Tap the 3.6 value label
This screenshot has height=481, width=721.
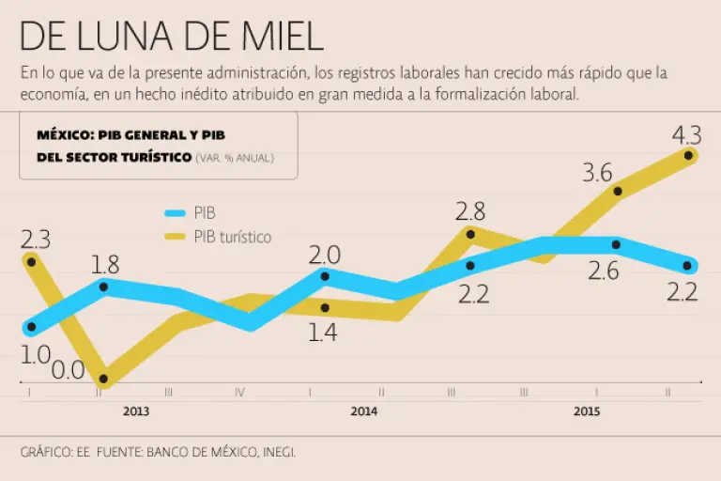coord(598,173)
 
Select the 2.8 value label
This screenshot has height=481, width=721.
coord(470,209)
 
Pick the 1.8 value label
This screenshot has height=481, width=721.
coord(105,264)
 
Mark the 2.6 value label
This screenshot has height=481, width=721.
coord(604,272)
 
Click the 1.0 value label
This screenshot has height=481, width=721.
coord(35,355)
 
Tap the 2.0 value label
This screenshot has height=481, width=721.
coord(325,254)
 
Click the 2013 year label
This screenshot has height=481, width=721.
coord(135,411)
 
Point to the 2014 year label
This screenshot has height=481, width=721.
coord(363,411)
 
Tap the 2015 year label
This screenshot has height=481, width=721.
coord(587,411)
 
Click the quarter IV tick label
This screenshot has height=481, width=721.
coord(239,393)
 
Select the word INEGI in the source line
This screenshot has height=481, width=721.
coord(275,452)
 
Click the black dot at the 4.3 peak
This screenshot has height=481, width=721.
coord(689,155)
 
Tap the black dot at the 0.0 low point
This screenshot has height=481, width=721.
coord(103,380)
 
